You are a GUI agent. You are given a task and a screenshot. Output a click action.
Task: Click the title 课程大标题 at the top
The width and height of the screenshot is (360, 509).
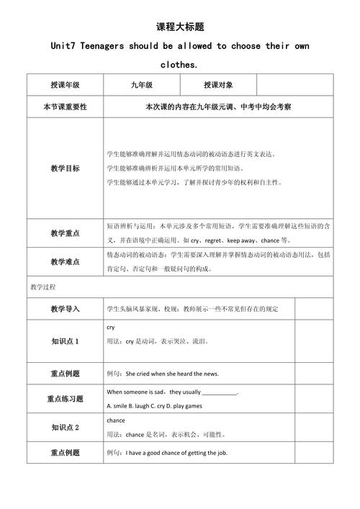tap(180, 27)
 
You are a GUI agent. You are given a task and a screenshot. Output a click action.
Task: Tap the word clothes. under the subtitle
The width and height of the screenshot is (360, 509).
tap(180, 64)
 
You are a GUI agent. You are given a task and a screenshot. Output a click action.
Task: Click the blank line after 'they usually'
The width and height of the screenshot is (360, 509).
tap(220, 392)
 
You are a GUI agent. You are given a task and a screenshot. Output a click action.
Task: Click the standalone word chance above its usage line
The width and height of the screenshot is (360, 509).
tap(115, 420)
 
